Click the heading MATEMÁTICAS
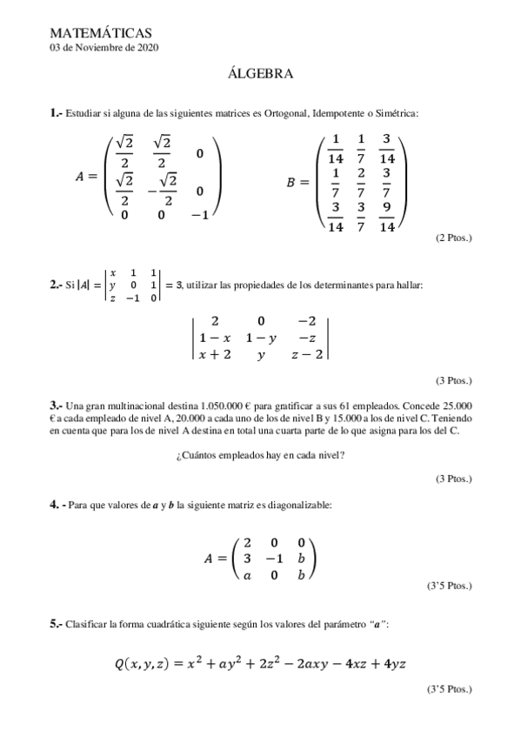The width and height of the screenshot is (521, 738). click(102, 32)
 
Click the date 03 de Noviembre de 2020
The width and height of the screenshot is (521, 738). click(104, 48)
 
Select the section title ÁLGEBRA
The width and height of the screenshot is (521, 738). click(260, 75)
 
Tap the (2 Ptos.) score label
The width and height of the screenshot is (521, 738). click(453, 238)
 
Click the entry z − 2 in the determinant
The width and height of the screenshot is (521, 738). click(307, 355)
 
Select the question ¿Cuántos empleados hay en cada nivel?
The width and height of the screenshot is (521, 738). click(259, 453)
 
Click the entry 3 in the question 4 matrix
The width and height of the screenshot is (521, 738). click(248, 557)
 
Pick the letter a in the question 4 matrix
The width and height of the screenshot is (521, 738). click(248, 574)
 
